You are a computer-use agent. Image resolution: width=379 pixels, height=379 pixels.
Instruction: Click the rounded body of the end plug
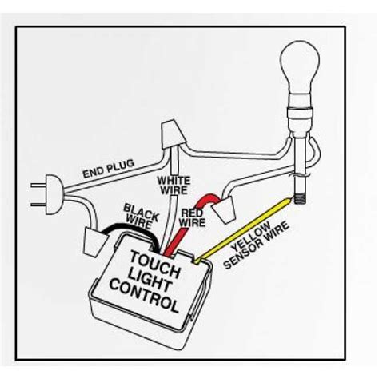coord(54,194)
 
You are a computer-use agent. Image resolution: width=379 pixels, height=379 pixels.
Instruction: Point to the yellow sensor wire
coord(242,231)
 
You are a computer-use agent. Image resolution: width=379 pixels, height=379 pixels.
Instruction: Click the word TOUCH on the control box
coord(154,263)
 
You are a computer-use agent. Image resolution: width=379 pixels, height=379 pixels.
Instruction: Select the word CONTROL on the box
coord(144,296)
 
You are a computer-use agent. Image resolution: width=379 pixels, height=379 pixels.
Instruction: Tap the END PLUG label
coord(109,169)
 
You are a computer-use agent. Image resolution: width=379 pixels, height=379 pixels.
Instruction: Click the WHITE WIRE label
coord(174,186)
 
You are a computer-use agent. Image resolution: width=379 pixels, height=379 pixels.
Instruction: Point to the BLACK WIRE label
coord(141,217)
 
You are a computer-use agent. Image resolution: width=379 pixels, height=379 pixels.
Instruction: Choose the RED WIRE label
coord(193,217)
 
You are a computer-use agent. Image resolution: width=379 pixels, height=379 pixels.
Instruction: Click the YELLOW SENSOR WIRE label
coord(256,245)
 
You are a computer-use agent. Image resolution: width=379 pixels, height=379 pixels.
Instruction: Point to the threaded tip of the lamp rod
coord(301,198)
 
